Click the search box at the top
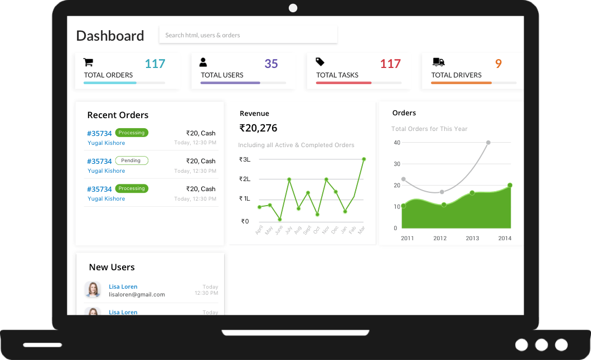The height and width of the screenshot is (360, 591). (x=248, y=35)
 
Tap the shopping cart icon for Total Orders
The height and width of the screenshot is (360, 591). (x=88, y=62)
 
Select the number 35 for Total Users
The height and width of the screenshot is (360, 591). (x=271, y=64)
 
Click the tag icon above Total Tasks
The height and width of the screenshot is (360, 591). (x=320, y=62)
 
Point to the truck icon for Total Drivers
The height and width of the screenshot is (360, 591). (x=439, y=62)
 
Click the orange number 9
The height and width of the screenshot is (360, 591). (x=498, y=64)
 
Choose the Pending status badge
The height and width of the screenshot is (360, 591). (x=132, y=160)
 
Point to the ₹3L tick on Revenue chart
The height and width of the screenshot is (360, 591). (x=245, y=159)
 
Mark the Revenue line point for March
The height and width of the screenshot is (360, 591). (x=364, y=159)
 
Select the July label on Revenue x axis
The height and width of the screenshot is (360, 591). (x=288, y=230)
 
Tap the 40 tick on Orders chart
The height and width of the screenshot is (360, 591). (x=397, y=143)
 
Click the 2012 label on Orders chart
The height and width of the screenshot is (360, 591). (x=440, y=239)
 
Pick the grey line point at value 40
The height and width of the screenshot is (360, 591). (x=488, y=143)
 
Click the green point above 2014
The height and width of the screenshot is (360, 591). (x=510, y=185)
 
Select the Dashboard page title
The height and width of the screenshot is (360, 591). (x=110, y=36)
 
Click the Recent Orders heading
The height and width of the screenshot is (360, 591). (x=118, y=115)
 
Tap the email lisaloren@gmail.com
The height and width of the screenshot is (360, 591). (x=137, y=294)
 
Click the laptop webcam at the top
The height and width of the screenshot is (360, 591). (x=293, y=8)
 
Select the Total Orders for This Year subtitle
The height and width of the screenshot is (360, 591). (x=429, y=129)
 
